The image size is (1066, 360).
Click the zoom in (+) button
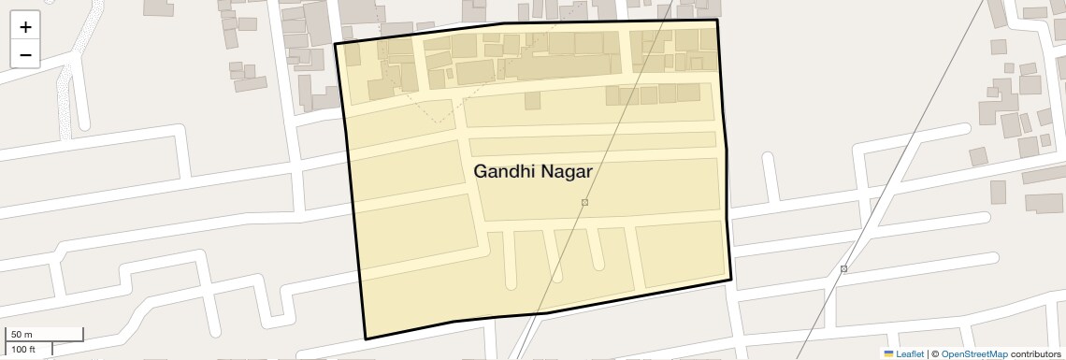(x=25, y=27)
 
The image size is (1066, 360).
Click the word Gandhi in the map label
(x=504, y=172)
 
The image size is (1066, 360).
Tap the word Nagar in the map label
(x=567, y=172)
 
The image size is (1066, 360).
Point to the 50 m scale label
(x=22, y=335)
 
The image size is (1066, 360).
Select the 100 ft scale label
(x=23, y=350)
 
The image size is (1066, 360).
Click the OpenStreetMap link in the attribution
(x=973, y=354)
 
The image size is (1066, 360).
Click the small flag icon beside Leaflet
(x=888, y=354)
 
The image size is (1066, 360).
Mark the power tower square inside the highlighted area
(x=584, y=202)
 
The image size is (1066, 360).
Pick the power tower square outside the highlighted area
(x=843, y=269)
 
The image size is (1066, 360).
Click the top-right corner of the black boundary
(x=717, y=20)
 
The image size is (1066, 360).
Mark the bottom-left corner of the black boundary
(x=365, y=338)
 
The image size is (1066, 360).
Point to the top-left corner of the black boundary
(x=336, y=44)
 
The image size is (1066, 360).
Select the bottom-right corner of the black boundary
(x=730, y=279)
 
